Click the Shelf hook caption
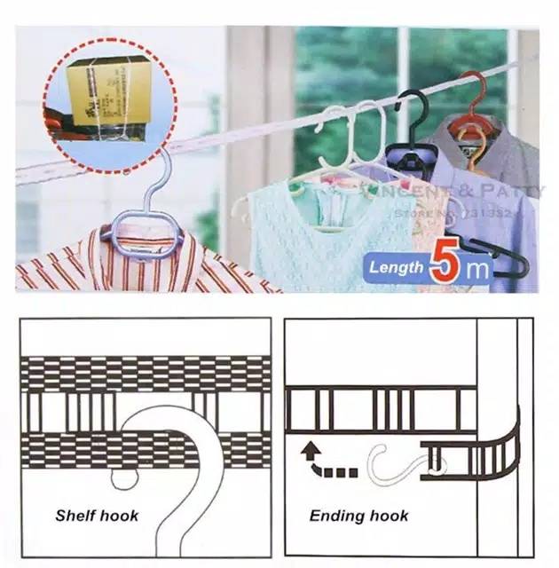pos(97,515)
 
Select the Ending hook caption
pos(358,515)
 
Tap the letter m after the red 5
pos(478,269)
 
